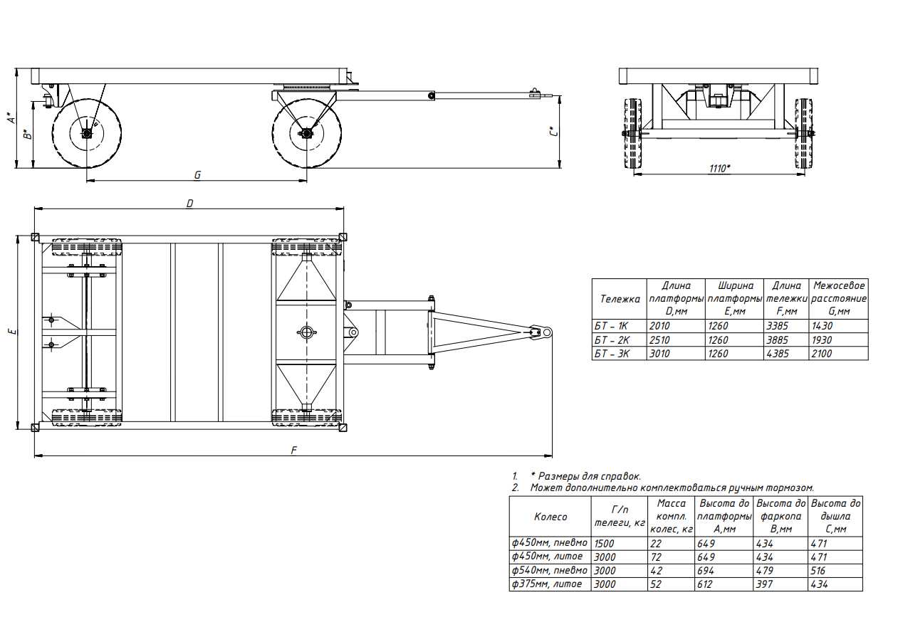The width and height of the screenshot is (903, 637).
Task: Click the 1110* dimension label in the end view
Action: pyautogui.click(x=719, y=169)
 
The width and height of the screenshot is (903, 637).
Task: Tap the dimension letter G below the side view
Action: pyautogui.click(x=197, y=175)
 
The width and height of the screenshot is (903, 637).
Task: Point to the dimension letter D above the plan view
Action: pyautogui.click(x=190, y=204)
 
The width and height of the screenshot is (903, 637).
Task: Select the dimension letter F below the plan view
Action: pyautogui.click(x=294, y=450)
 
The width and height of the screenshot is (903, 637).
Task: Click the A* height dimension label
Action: pyautogui.click(x=11, y=118)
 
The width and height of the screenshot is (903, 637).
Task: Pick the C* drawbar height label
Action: pyautogui.click(x=554, y=132)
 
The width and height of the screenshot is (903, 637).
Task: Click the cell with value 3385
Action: pyautogui.click(x=777, y=326)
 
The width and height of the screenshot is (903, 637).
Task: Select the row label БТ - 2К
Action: pyautogui.click(x=612, y=340)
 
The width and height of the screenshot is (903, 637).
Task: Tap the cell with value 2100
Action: pyautogui.click(x=822, y=354)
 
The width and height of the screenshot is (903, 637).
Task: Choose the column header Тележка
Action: pyautogui.click(x=620, y=299)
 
